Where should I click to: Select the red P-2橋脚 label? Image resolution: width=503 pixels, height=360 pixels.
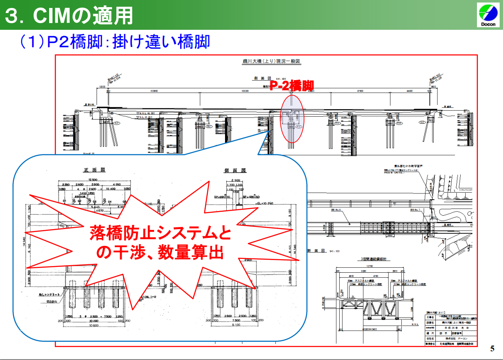[x=291, y=85]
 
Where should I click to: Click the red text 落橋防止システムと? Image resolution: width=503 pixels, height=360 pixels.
[x=160, y=233]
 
